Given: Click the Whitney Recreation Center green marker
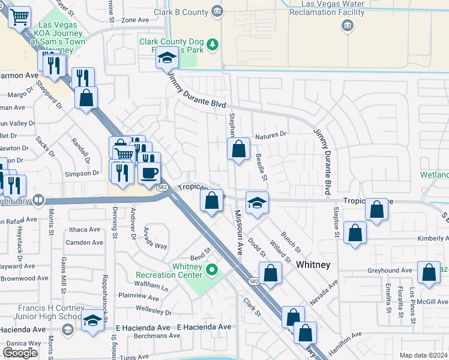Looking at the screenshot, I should tap(211, 270).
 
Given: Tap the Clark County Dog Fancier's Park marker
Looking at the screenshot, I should tap(212, 44).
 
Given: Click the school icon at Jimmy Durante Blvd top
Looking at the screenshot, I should tap(167, 59).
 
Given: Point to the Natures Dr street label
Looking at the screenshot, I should tap(271, 136).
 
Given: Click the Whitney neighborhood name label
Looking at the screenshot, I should tap(314, 264).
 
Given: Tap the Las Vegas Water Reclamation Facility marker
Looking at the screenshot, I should tap(346, 25).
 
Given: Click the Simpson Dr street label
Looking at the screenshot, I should tap(86, 173).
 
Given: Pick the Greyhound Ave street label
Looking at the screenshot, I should tap(390, 271).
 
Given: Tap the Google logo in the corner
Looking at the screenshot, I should tap(20, 353).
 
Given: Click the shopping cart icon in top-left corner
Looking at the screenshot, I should tap(20, 17).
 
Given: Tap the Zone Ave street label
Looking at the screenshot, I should tap(134, 20).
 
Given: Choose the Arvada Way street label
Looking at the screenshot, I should tap(155, 238).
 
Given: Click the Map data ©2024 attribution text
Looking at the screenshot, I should tap(424, 355).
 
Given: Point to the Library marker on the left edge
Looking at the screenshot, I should tap(38, 200).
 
